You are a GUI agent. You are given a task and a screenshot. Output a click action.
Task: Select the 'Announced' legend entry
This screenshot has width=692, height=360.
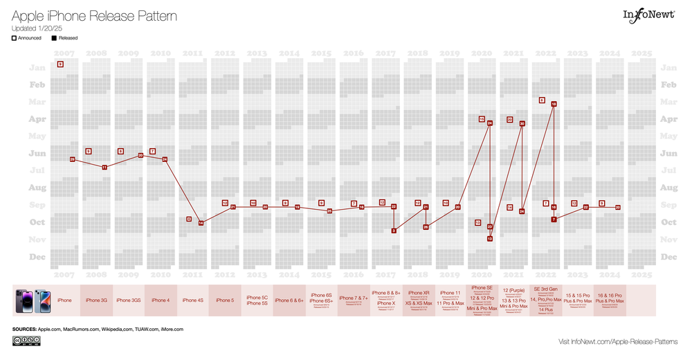pos(27,38)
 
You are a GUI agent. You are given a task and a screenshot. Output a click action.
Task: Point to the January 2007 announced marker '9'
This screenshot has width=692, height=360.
pos(61,64)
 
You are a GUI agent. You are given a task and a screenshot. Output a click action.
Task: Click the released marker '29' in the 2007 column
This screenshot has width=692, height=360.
pos(73,159)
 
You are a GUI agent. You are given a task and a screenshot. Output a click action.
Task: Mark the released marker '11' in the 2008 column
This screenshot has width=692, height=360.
pos(104,167)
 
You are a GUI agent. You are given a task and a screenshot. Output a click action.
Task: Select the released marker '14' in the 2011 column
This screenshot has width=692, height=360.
pos(201,223)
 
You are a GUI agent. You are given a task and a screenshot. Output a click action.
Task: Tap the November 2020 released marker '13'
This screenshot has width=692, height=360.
pos(489,238)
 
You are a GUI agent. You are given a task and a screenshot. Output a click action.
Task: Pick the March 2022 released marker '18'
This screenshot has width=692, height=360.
pos(554,104)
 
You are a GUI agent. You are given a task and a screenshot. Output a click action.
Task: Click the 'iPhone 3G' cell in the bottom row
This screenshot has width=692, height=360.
pos(96,300)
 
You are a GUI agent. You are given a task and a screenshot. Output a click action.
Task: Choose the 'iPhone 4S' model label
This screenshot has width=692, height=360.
pos(192,300)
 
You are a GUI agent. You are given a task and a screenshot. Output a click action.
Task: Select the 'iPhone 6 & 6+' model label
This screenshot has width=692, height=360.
pos(289,300)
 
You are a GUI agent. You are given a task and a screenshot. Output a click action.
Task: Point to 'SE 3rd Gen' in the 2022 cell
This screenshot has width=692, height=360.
pos(546,289)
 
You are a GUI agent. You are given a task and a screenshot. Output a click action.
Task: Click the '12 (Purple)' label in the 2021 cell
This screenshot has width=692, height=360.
pos(513,289)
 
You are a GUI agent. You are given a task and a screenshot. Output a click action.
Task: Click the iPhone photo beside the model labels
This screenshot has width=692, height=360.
pos(33,300)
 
